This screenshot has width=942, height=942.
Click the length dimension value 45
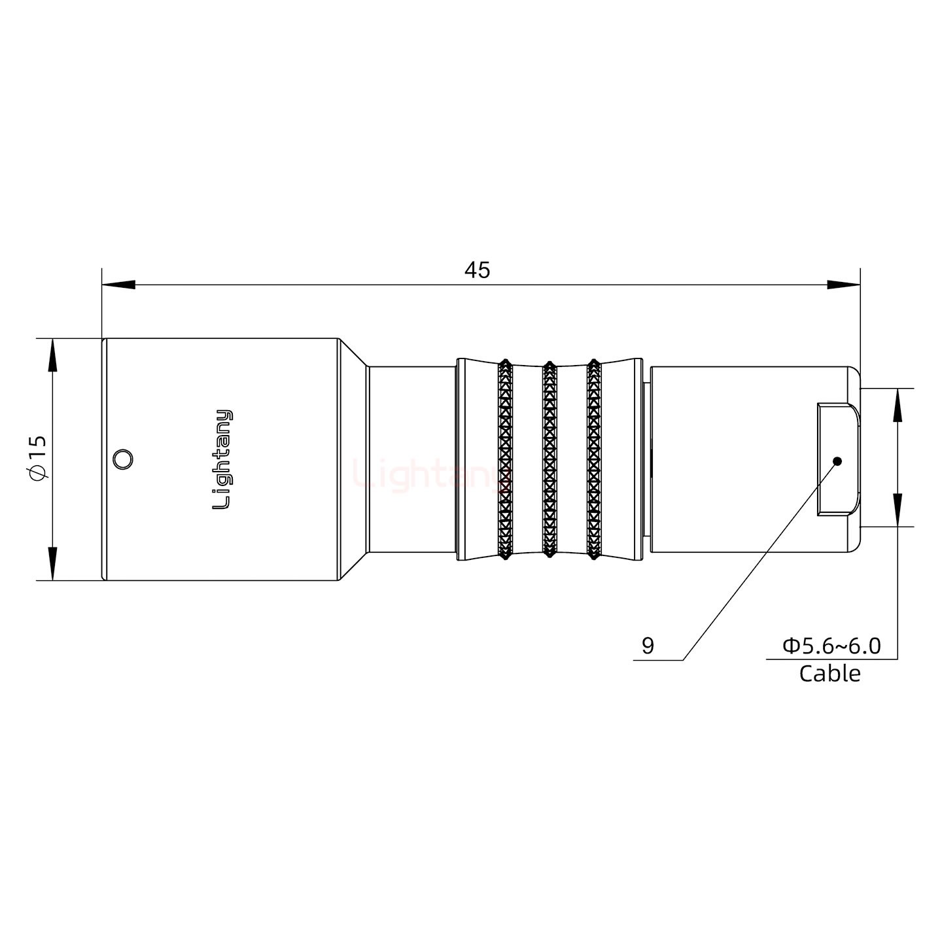[477, 270]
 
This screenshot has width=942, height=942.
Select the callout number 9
[648, 646]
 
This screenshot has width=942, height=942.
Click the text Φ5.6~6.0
[831, 646]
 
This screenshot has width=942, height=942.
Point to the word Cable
[829, 673]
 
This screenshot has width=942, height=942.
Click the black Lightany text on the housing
[223, 459]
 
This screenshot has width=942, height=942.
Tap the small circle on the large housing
[122, 459]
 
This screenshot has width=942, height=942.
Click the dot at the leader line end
[837, 461]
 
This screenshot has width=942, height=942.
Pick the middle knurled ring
[549, 459]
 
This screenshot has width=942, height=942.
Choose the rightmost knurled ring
[594, 459]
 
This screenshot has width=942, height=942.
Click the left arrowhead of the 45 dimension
[118, 285]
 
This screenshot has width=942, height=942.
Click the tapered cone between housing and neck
[353, 459]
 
